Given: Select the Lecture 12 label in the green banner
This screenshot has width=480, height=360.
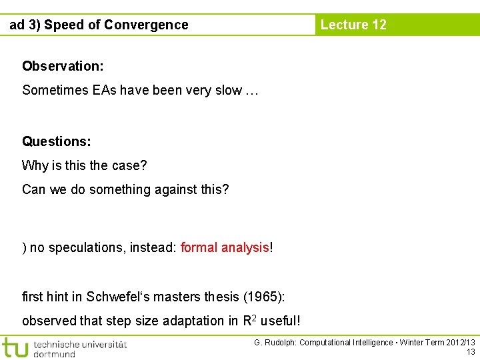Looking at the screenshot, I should point(353,25).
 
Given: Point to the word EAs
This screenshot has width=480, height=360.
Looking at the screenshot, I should point(104,91).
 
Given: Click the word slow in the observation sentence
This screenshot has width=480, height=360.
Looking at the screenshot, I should point(229,91).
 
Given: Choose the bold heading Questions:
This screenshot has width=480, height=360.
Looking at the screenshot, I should point(57,141).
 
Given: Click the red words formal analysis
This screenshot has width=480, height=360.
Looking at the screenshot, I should point(225,248).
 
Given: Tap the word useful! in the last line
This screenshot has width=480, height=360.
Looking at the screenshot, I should point(281,321).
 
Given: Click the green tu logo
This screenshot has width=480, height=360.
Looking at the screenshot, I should point(15,347).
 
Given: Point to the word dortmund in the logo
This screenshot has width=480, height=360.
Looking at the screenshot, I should point(55,353).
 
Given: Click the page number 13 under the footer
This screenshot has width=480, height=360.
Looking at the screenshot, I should point(471,352).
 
